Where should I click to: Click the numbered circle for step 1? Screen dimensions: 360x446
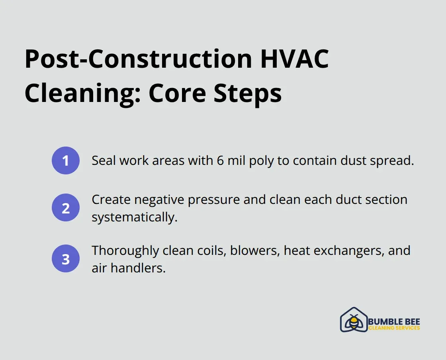pyautogui.click(x=66, y=160)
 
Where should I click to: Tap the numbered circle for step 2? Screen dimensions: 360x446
pyautogui.click(x=66, y=207)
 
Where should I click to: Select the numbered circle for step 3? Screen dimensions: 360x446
pyautogui.click(x=66, y=258)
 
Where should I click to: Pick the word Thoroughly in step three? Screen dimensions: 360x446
pyautogui.click(x=125, y=251)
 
